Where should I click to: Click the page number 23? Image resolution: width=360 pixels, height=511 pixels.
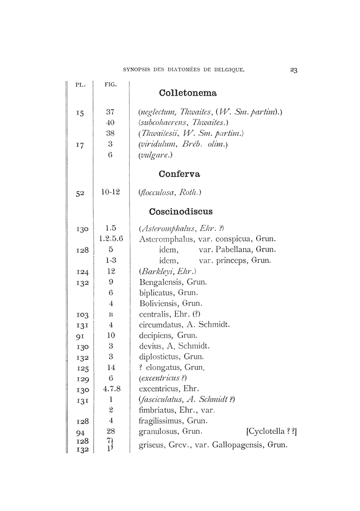294,71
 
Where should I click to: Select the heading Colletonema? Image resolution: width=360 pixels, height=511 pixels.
188,93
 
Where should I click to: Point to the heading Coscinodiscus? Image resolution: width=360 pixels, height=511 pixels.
181,211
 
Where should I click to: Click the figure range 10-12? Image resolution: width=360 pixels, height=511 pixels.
111,192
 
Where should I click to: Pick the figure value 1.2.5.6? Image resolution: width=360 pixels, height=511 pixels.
111,239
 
